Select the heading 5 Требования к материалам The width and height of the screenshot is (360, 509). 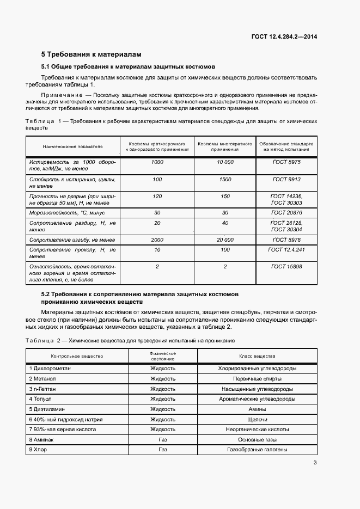91,54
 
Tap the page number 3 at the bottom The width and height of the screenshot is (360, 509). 315,463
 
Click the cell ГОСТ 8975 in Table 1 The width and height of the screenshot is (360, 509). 286,162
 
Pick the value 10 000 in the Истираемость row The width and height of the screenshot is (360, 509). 225,162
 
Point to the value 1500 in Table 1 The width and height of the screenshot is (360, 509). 225,179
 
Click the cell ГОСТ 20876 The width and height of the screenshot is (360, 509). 286,213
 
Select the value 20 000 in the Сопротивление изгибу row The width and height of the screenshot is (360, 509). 225,240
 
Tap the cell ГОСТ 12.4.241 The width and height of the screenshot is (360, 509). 286,249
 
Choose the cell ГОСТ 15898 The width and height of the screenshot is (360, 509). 286,266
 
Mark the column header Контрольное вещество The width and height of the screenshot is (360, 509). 77,356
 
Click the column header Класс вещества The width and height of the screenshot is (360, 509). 257,356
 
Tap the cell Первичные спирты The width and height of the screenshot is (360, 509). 257,378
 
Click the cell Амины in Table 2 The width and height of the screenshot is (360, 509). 257,409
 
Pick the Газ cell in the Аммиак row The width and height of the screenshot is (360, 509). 162,439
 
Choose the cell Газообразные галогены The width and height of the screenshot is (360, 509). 257,450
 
